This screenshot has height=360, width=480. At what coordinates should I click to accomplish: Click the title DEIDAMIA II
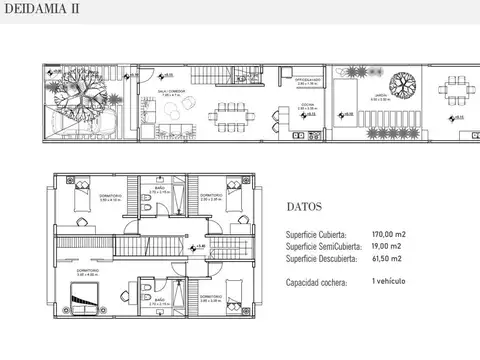(x=41, y=10)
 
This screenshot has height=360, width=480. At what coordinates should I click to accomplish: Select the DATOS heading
(x=303, y=210)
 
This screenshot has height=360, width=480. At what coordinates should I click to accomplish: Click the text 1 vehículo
(x=387, y=283)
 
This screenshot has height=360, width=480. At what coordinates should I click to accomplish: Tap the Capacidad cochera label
(x=317, y=283)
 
